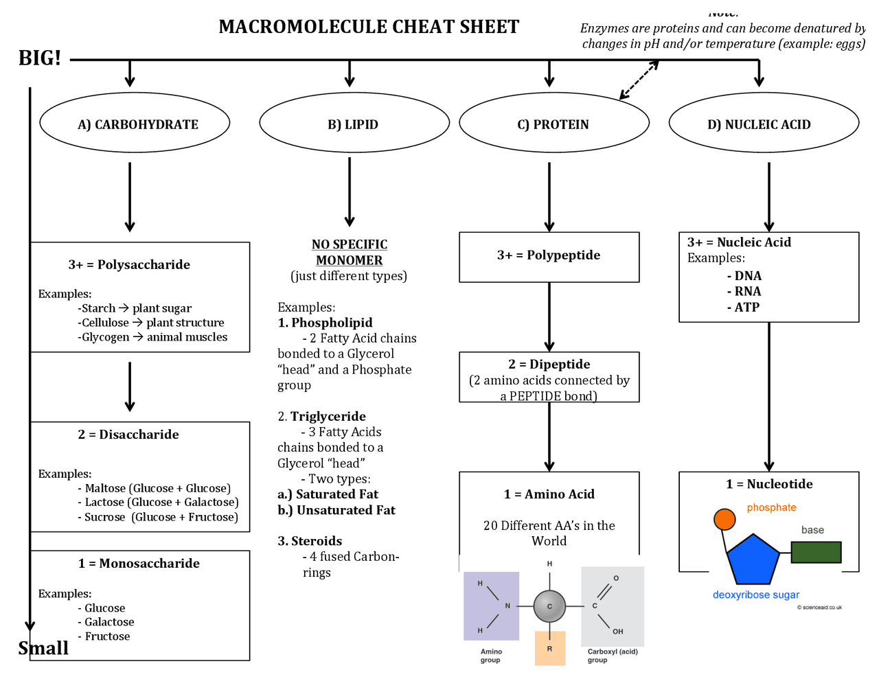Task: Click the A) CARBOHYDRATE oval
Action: (x=135, y=124)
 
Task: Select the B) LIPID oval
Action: (x=354, y=124)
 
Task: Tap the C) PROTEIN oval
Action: (x=553, y=124)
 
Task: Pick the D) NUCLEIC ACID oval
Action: (x=763, y=124)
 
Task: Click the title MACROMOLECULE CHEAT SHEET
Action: (x=369, y=27)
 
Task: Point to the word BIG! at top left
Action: (x=40, y=58)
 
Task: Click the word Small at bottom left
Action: (x=43, y=648)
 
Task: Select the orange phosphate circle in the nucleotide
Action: (x=724, y=519)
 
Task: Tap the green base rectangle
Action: (x=816, y=552)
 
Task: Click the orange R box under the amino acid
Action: (x=549, y=648)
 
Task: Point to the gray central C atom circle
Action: (x=549, y=606)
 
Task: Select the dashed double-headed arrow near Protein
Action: (x=639, y=80)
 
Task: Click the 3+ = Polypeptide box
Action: (x=549, y=256)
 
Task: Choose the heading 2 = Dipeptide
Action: (x=549, y=364)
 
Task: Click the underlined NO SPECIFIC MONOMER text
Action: (x=349, y=252)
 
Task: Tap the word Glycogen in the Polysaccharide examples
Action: (x=106, y=337)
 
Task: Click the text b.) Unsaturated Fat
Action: (x=336, y=510)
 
